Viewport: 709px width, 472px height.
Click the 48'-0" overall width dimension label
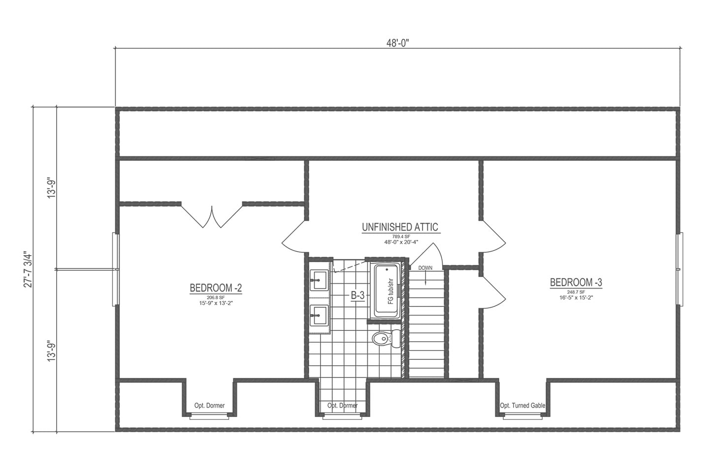click(397, 43)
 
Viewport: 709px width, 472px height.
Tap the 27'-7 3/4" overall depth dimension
click(29, 269)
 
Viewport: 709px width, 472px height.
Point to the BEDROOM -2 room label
click(216, 288)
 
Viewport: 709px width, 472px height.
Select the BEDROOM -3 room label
click(576, 282)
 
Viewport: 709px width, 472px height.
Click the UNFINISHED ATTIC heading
click(400, 227)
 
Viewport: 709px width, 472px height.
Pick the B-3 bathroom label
click(357, 295)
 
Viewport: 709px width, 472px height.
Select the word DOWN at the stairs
click(425, 268)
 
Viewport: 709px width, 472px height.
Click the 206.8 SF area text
click(216, 297)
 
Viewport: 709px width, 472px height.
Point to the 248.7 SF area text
click(576, 292)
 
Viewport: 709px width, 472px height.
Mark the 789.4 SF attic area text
click(400, 236)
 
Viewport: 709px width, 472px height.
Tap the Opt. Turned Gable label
click(522, 406)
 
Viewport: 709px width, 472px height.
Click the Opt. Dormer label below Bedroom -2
click(210, 406)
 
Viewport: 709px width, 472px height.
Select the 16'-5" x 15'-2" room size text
click(576, 298)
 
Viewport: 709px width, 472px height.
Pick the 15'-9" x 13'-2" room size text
click(216, 303)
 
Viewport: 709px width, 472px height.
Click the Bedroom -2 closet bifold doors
click(212, 216)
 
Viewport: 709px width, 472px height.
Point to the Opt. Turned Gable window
click(522, 417)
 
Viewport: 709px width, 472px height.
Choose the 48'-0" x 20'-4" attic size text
click(400, 242)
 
